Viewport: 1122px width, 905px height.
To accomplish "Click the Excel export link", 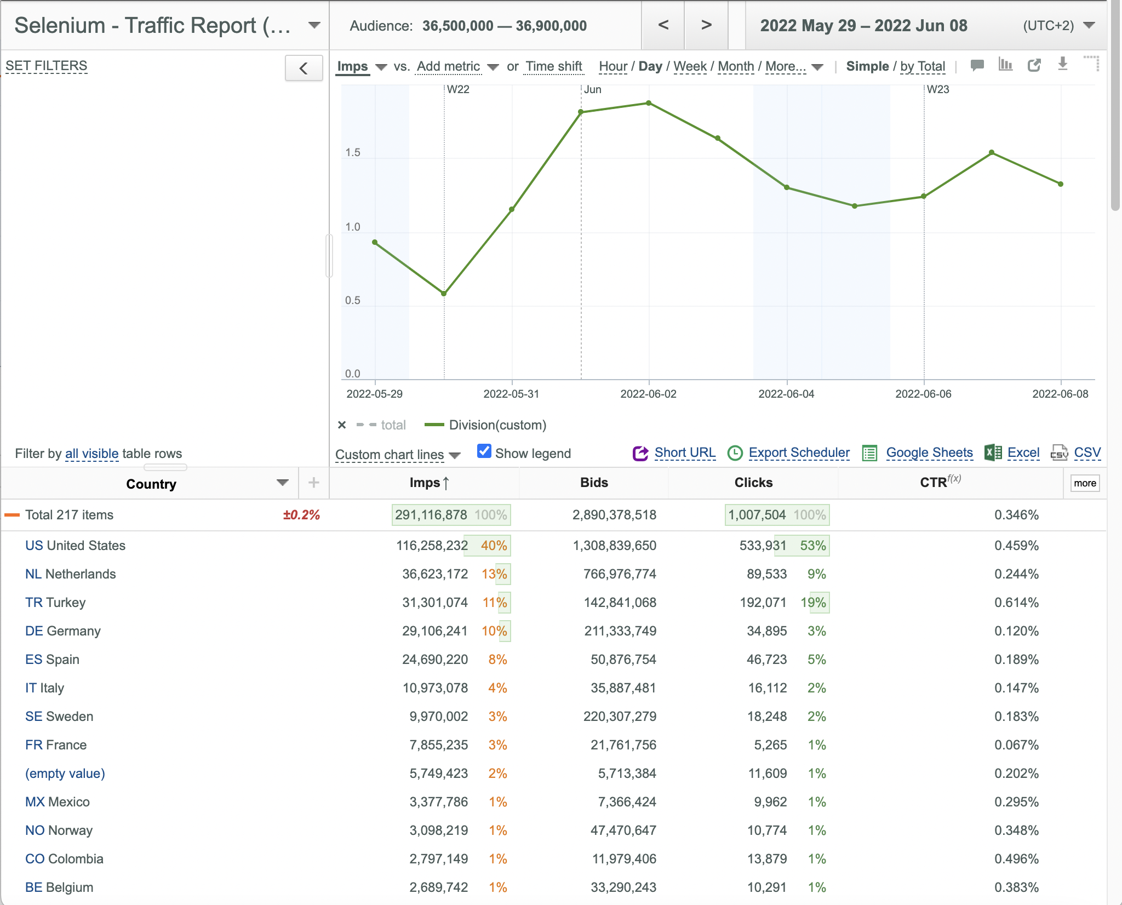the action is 1023,453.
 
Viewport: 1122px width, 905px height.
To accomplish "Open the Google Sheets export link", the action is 929,453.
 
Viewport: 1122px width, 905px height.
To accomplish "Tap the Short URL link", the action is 685,453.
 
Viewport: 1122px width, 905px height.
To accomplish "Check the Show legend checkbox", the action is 484,451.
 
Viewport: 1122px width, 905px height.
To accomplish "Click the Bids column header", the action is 594,483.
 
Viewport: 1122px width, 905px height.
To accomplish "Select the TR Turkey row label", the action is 55,603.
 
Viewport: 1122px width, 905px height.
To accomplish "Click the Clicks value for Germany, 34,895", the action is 767,631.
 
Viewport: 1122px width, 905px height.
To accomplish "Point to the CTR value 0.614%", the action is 1017,603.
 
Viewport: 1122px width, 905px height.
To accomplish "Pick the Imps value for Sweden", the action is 439,717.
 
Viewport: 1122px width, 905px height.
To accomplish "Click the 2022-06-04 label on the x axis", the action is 786,394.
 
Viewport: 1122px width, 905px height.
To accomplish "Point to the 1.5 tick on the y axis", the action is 353,152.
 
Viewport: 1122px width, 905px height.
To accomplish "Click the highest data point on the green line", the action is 649,103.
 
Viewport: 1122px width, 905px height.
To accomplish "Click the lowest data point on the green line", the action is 444,294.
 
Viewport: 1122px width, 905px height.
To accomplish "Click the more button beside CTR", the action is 1085,483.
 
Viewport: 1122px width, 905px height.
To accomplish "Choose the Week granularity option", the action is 690,66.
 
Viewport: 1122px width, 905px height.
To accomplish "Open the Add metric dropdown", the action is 457,66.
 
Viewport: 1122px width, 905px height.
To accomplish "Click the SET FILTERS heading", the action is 47,66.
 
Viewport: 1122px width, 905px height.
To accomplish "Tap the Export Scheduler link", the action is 799,453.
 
